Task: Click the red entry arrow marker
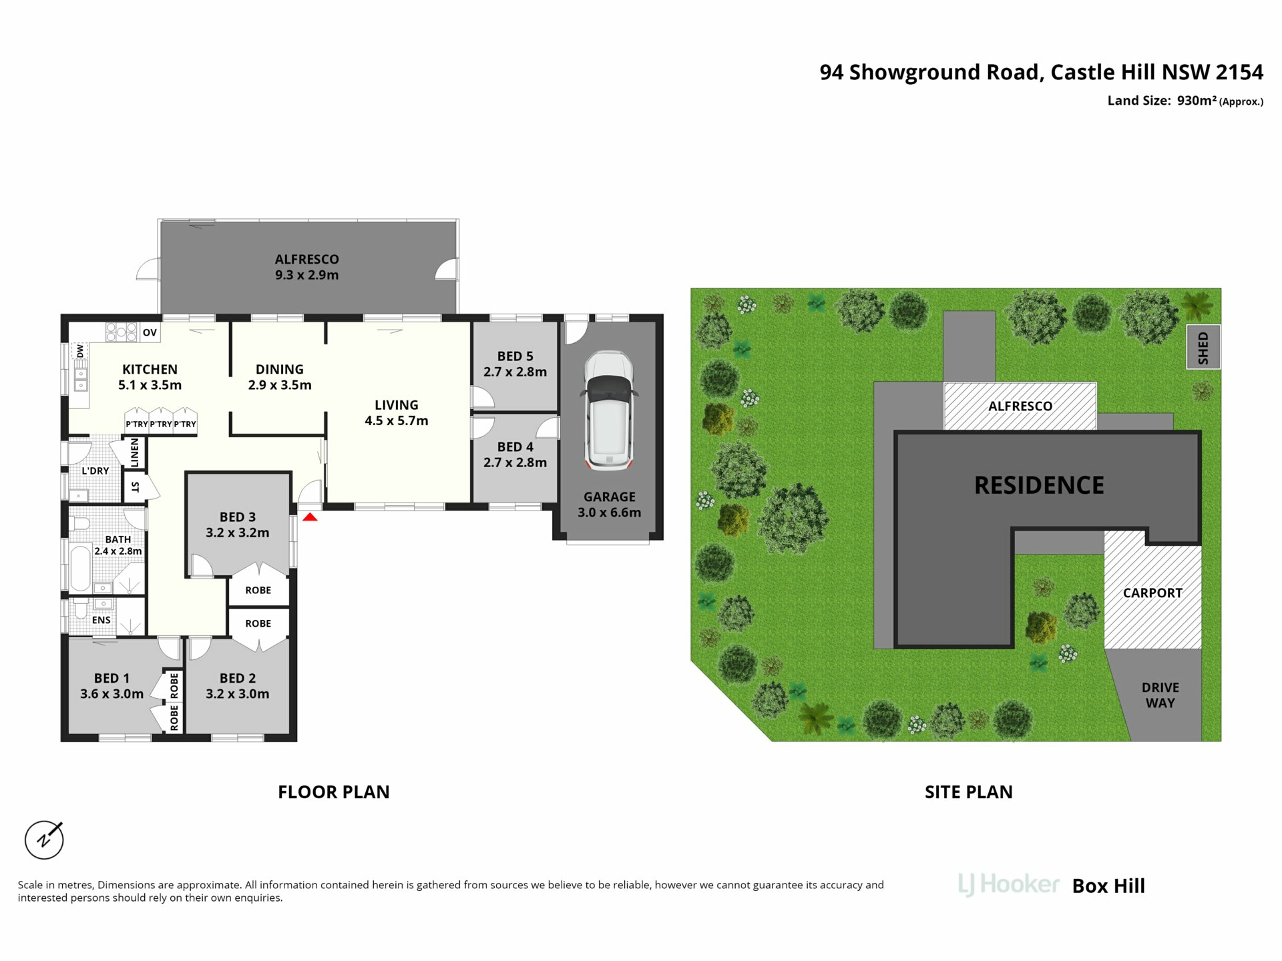tap(310, 517)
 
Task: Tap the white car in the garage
tap(608, 410)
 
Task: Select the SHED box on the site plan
tap(1203, 347)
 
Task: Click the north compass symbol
tap(44, 839)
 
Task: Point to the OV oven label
tap(150, 332)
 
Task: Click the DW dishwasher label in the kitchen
tap(80, 350)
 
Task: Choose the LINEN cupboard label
tap(135, 452)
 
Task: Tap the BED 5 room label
tap(515, 356)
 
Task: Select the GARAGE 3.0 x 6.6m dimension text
tap(609, 513)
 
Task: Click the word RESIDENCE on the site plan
tap(1039, 485)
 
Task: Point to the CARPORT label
tap(1152, 593)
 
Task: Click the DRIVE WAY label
tap(1160, 695)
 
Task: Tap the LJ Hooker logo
tap(1008, 885)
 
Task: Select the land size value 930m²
tap(1197, 100)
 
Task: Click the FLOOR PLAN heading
tap(334, 792)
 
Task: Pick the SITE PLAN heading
tap(969, 792)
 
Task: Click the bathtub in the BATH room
tap(80, 568)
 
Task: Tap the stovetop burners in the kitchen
tap(122, 332)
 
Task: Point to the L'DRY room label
tap(95, 470)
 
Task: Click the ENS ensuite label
tap(101, 620)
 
